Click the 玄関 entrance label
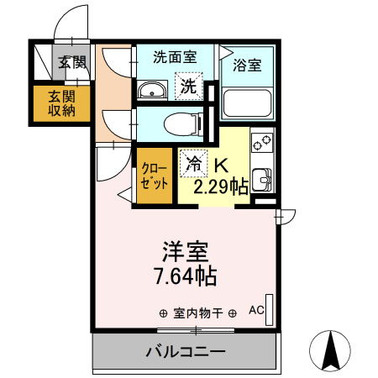pos(72,61)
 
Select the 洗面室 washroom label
pos(175,58)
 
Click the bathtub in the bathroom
pos(246,104)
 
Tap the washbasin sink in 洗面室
pos(152,90)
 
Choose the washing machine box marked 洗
pos(190,85)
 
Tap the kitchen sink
pos(262,179)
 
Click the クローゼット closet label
pos(155,174)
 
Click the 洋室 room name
pos(185,251)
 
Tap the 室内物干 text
pos(197,313)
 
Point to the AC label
pos(255,310)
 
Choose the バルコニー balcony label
pos(185,351)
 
